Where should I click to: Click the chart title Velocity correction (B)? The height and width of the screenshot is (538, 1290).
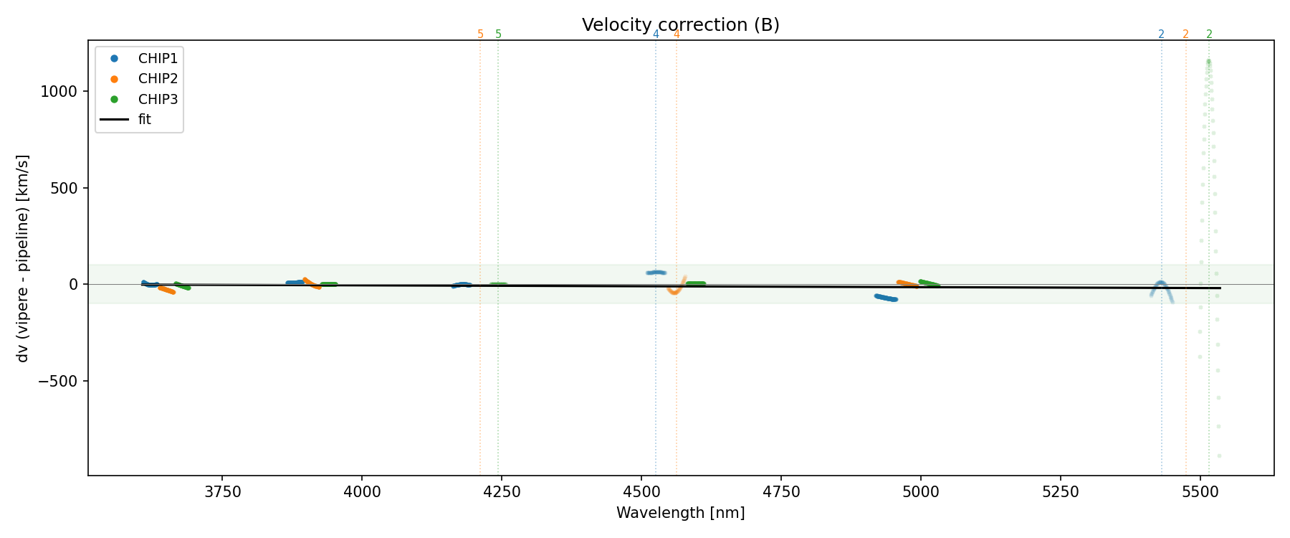[x=680, y=25]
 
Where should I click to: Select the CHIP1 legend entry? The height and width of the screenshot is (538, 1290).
[x=158, y=58]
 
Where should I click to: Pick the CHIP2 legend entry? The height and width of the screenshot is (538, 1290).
[x=158, y=78]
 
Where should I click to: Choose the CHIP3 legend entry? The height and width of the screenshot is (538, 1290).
[x=158, y=99]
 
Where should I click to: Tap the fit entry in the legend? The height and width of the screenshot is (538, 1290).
[x=145, y=119]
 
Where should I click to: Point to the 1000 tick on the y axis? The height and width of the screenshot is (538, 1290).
[x=64, y=91]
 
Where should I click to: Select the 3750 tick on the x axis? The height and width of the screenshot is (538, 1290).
[x=222, y=491]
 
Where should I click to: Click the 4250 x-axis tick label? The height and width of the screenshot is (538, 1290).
[x=502, y=491]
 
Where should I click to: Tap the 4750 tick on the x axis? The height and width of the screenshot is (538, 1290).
[x=780, y=491]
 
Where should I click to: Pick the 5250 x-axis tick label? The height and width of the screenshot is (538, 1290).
[x=1060, y=491]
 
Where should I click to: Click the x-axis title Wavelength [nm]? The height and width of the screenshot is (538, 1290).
[x=680, y=513]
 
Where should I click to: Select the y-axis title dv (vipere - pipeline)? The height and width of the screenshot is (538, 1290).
[x=23, y=258]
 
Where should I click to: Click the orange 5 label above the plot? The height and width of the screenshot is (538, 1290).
[x=480, y=34]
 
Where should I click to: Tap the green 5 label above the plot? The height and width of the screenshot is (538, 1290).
[x=498, y=34]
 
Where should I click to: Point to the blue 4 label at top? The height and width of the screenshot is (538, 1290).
[x=656, y=34]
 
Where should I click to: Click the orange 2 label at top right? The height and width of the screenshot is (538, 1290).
[x=1185, y=34]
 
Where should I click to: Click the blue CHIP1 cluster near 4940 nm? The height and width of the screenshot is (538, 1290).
[x=886, y=298]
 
